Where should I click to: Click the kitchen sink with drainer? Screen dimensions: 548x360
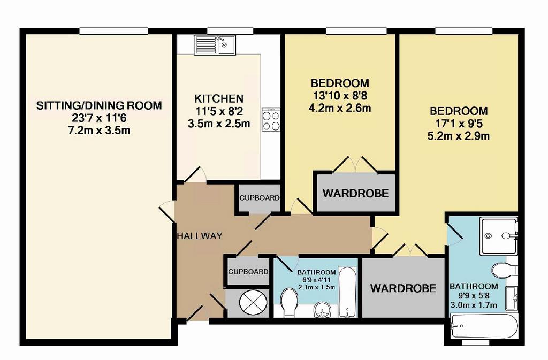[215, 45]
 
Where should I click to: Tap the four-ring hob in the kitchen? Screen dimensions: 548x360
[271, 119]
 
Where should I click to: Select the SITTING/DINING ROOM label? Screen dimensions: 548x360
[99, 105]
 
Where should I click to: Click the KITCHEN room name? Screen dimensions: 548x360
[219, 98]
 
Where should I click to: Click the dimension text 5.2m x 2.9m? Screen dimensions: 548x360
[459, 136]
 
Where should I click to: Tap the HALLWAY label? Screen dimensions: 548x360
[199, 236]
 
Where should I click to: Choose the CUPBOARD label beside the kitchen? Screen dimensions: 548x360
[260, 198]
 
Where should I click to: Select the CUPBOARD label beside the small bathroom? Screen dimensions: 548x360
[248, 272]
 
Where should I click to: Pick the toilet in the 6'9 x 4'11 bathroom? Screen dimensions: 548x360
[289, 302]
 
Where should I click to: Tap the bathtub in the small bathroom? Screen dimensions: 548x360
[348, 292]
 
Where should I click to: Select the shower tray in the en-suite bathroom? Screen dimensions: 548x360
[498, 236]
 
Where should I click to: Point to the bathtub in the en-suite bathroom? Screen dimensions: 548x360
[484, 326]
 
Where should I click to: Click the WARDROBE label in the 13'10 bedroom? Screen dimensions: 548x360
[356, 194]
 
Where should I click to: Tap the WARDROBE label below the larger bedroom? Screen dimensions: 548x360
[404, 288]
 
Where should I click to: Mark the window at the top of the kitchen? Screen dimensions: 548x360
[230, 31]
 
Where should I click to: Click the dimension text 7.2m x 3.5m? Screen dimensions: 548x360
[99, 131]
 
